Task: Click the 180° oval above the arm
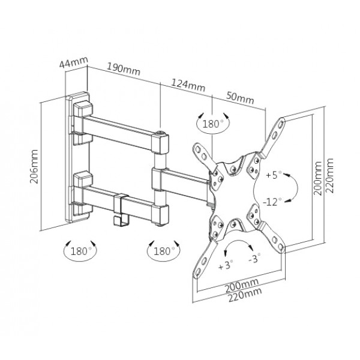click(212, 124)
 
